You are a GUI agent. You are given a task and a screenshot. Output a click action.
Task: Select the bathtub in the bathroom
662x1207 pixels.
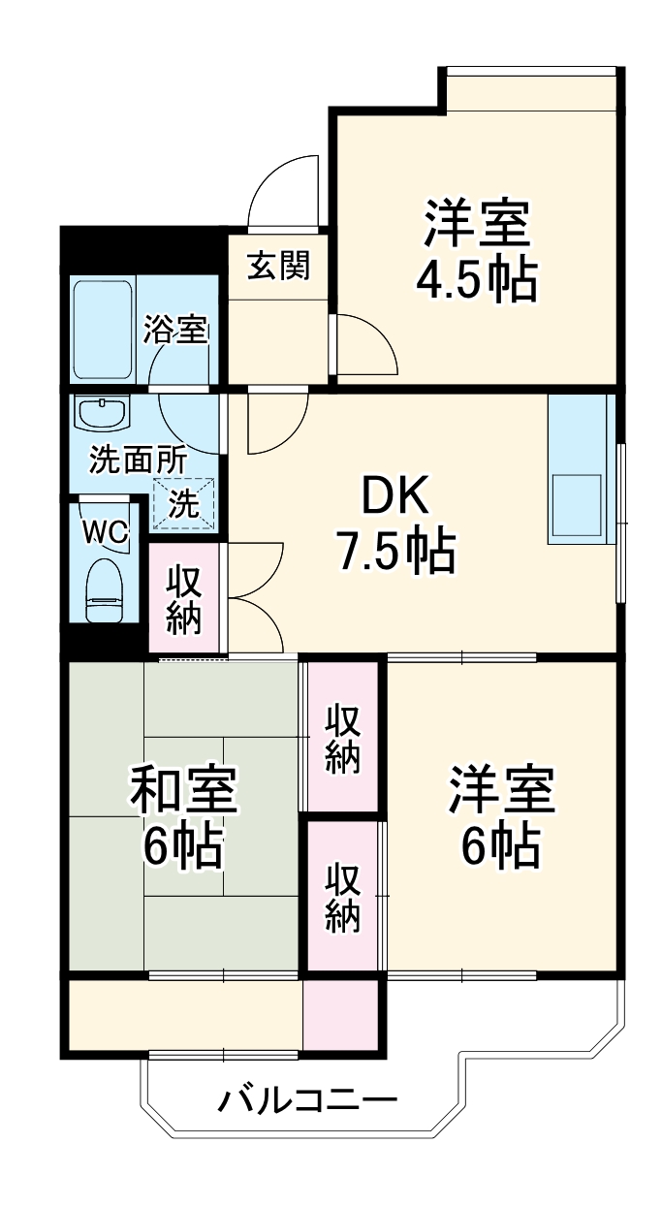tap(103, 331)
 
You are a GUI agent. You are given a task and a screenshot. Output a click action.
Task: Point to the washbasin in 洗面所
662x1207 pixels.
tap(103, 414)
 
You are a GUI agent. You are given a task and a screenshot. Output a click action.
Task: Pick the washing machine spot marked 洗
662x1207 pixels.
tap(183, 503)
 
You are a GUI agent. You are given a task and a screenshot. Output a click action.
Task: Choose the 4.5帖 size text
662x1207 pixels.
tap(477, 280)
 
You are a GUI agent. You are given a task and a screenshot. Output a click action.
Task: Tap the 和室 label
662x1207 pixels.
tap(184, 790)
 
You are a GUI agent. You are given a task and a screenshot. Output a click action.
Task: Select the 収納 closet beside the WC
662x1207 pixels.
tap(184, 599)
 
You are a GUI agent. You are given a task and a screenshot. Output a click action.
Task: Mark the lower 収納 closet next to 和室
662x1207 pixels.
tap(342, 897)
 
